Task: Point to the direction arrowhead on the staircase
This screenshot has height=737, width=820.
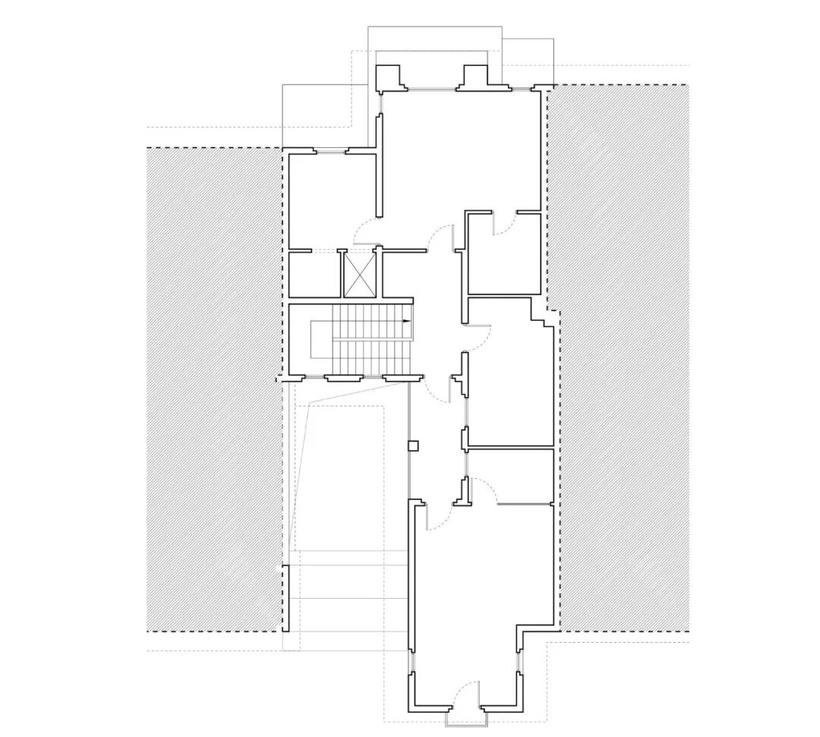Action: tap(408, 322)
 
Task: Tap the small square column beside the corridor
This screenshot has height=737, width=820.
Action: tap(413, 445)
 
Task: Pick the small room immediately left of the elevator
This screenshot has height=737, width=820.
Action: tap(313, 273)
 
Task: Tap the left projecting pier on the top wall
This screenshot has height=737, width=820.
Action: tap(390, 77)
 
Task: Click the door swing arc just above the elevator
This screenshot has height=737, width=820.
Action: tap(368, 228)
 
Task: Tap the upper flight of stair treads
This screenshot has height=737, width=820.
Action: tap(372, 321)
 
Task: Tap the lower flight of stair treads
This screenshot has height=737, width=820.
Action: tap(372, 357)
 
